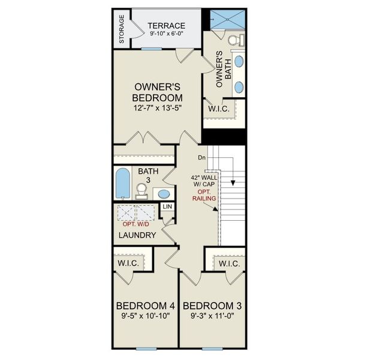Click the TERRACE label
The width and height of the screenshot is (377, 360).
point(166,25)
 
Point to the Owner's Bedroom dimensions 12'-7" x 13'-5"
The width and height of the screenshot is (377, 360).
point(157,109)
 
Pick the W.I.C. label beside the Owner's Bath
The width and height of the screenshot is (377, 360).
point(216,109)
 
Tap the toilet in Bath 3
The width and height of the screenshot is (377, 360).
point(141,191)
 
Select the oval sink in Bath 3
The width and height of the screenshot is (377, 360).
point(162,194)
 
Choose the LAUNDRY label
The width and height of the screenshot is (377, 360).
point(137,235)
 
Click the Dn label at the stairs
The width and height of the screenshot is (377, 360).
point(201,158)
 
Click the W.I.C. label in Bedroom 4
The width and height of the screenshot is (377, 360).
point(129,263)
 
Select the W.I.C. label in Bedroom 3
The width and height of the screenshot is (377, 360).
point(229,264)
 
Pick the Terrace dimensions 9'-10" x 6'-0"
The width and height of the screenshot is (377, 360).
point(166,35)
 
